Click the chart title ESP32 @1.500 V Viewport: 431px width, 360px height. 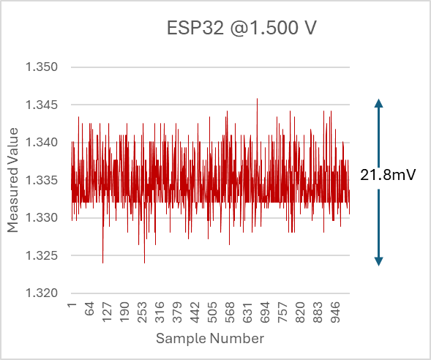(241, 30)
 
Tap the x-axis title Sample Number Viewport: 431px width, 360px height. (209, 339)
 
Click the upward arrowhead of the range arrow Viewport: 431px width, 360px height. (378, 103)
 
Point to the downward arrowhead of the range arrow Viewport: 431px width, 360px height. (378, 260)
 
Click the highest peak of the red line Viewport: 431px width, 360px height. (257, 99)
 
